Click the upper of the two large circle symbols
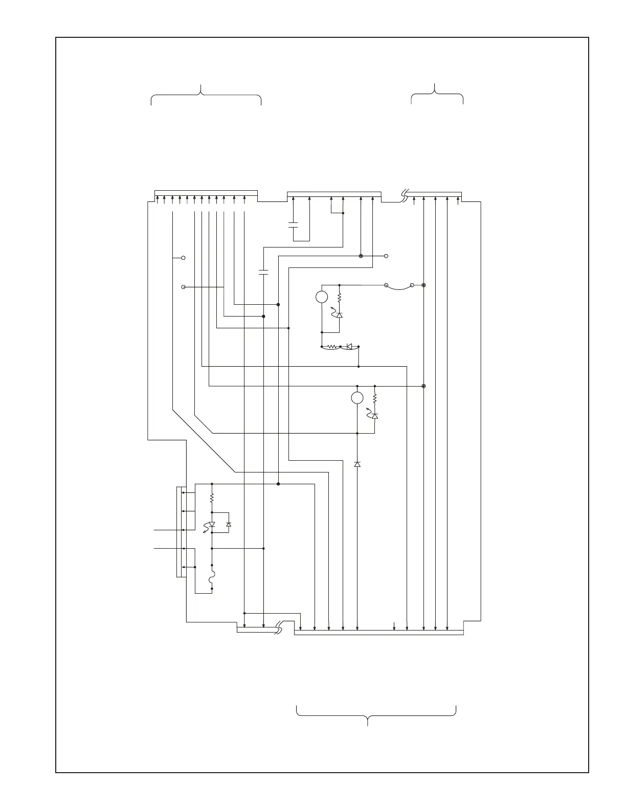click(322, 297)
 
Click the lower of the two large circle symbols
click(357, 398)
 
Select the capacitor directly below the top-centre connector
click(294, 225)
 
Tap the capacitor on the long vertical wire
click(263, 271)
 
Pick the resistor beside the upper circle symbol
click(340, 297)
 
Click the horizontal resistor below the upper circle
click(331, 347)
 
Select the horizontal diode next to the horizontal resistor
click(349, 347)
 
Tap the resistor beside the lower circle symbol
click(375, 398)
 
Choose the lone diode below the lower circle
click(357, 464)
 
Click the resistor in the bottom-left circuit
click(212, 498)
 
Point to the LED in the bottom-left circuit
click(212, 525)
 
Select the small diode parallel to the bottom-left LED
click(229, 525)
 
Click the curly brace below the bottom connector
click(376, 713)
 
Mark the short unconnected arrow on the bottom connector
click(394, 624)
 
